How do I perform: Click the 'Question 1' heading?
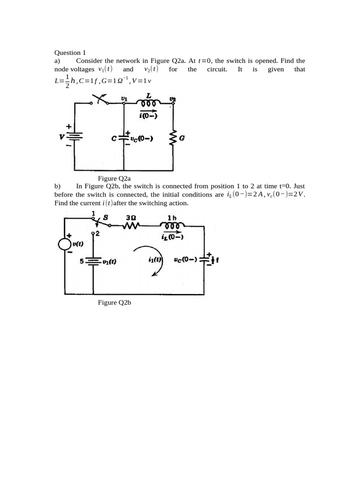click(x=70, y=52)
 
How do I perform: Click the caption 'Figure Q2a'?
click(x=114, y=178)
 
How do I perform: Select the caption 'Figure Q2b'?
click(x=114, y=302)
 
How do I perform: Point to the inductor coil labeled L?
click(x=149, y=103)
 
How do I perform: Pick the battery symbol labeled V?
click(x=75, y=137)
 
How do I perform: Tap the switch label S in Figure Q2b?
click(x=105, y=217)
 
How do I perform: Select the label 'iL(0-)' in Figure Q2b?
click(x=172, y=237)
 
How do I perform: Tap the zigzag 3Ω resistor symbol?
click(x=131, y=226)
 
